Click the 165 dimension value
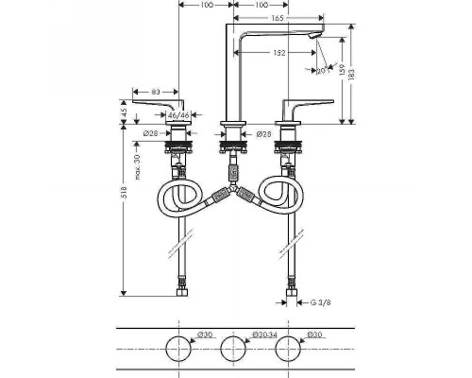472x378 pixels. click(x=278, y=18)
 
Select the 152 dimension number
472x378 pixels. click(x=278, y=53)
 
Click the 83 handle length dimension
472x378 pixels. click(x=156, y=92)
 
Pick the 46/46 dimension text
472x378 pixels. click(x=178, y=115)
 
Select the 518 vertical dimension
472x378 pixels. click(x=124, y=192)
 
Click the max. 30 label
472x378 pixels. click(x=137, y=166)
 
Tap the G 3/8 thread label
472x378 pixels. click(x=321, y=302)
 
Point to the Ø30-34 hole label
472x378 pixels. click(x=264, y=335)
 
